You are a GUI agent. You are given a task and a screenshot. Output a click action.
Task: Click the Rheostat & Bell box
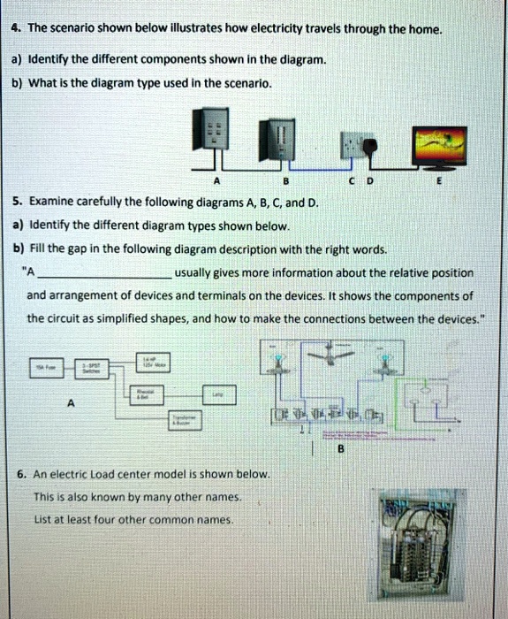tap(142, 394)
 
